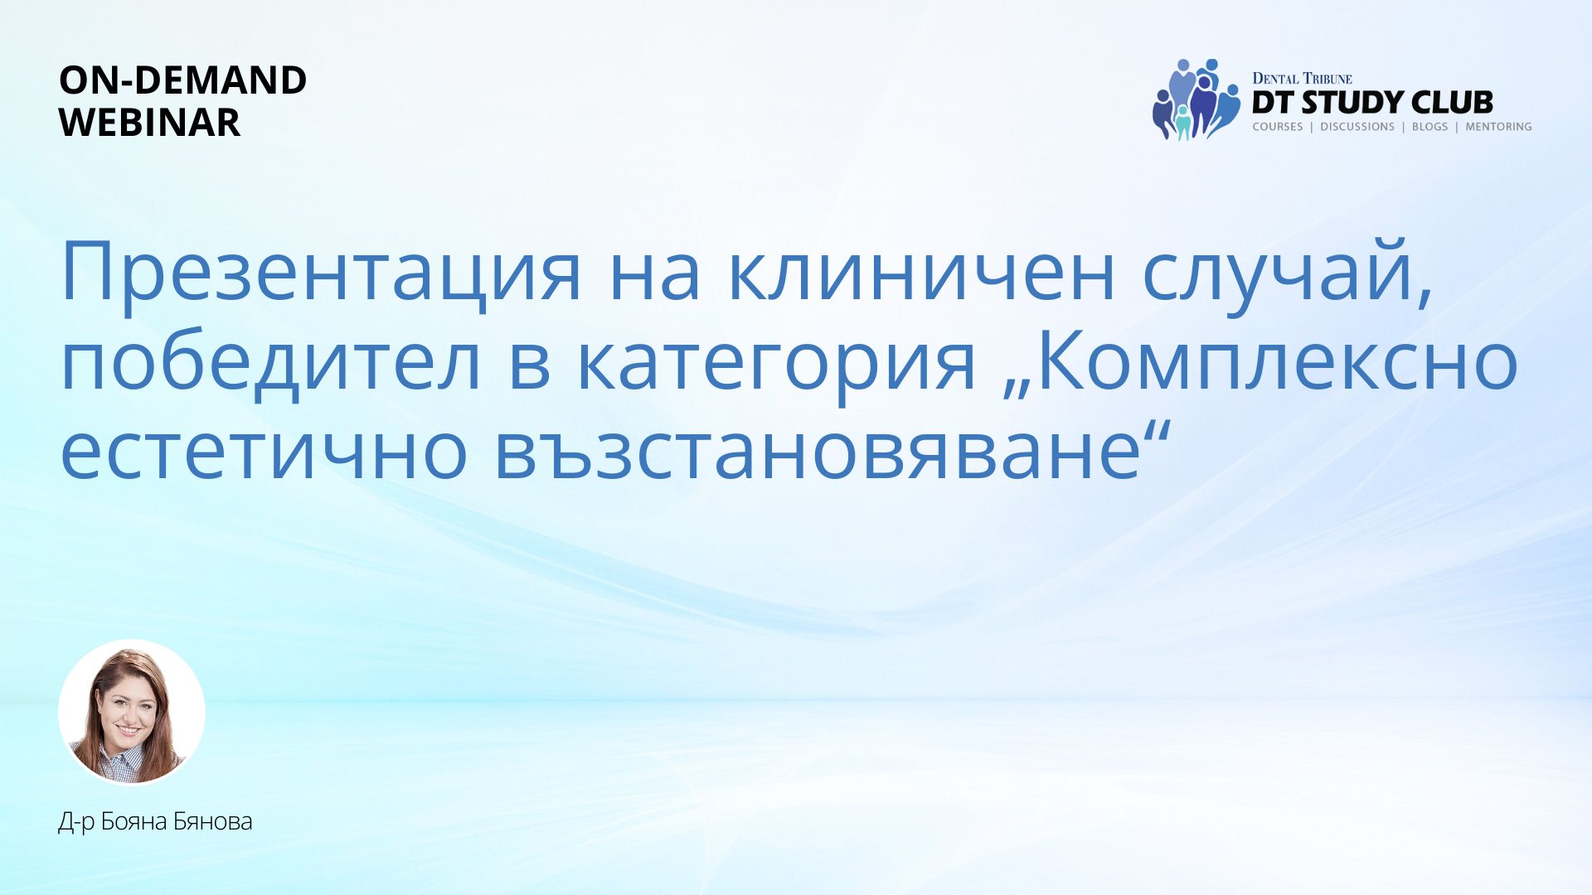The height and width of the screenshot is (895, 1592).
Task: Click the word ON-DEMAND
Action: click(x=182, y=80)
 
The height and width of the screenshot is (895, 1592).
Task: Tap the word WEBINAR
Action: click(x=149, y=123)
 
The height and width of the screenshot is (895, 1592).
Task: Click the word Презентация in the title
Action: click(x=322, y=273)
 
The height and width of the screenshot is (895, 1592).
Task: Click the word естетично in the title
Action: click(x=265, y=452)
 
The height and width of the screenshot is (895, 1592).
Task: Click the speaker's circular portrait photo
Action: click(x=132, y=712)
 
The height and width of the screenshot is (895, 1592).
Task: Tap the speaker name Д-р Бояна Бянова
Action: click(x=155, y=821)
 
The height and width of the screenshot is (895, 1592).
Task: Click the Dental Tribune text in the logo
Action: click(x=1302, y=79)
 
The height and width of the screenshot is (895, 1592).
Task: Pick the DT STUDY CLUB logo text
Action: click(x=1372, y=103)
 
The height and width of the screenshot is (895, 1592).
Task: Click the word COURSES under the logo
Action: click(x=1277, y=127)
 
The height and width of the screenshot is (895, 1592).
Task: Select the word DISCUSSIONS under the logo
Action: click(x=1357, y=127)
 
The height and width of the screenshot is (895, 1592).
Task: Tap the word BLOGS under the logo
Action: click(x=1429, y=127)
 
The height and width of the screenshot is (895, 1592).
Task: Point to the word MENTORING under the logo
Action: click(x=1498, y=127)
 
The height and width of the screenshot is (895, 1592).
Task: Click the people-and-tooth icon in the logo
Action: click(x=1196, y=99)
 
